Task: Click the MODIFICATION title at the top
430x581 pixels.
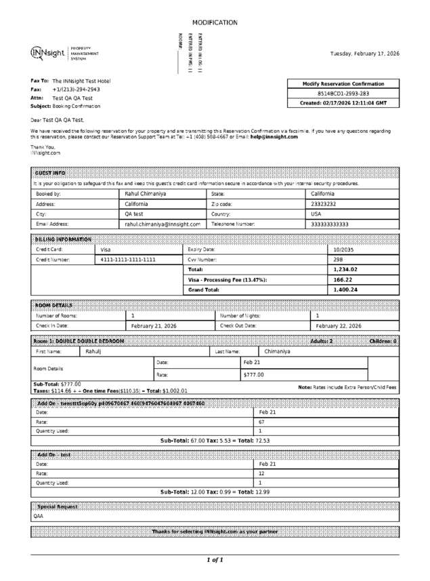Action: (215, 23)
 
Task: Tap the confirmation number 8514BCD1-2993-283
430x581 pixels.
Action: (343, 94)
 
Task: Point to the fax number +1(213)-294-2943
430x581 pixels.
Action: (76, 89)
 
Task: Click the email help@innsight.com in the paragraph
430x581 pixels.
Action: (274, 137)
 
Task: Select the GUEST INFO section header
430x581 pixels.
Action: (50, 174)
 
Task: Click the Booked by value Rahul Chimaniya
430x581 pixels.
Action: (146, 194)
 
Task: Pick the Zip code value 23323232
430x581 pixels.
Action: (324, 203)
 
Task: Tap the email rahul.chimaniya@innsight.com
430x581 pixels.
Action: (163, 224)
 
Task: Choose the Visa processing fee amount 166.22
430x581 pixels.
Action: (343, 279)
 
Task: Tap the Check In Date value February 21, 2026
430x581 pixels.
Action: (154, 326)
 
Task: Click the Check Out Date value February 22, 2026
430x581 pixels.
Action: (339, 326)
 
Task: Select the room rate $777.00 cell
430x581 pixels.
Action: (254, 374)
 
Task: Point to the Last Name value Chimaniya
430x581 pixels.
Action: (277, 352)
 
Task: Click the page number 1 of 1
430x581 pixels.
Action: (215, 560)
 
